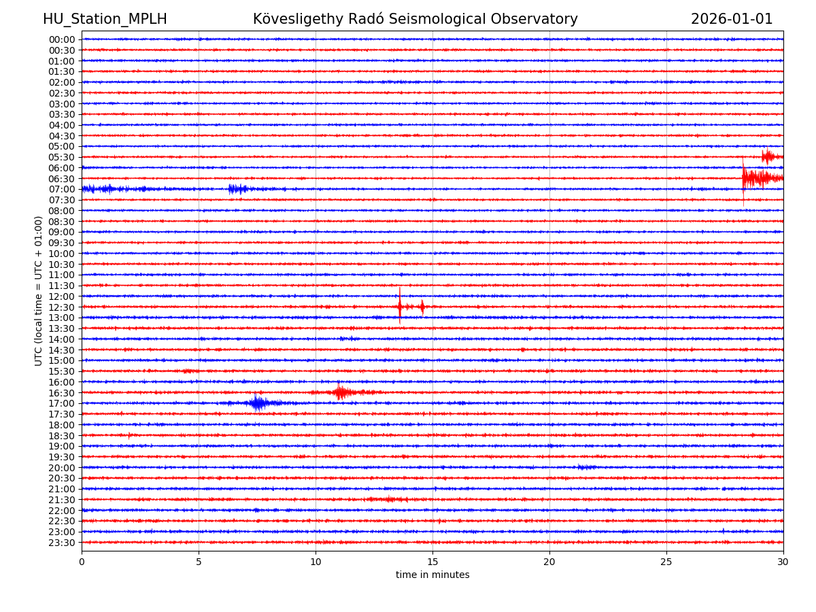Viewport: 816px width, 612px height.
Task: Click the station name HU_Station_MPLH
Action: [x=105, y=19]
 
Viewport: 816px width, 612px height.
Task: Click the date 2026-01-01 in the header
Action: [x=732, y=19]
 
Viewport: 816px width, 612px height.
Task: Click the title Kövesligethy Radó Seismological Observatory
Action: [x=415, y=19]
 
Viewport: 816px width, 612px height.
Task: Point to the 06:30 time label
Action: [x=62, y=179]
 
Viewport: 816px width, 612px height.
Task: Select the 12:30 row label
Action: [x=62, y=307]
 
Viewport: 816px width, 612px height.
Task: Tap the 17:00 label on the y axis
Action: [x=62, y=403]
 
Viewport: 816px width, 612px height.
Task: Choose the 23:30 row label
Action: [x=62, y=543]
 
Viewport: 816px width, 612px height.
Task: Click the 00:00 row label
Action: [x=62, y=39]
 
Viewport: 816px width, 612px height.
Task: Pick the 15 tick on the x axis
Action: [x=432, y=562]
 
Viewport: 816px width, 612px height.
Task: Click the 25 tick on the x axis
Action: [x=666, y=562]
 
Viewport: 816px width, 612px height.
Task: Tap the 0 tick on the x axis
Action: [x=82, y=562]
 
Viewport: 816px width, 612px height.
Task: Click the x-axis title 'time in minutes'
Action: [x=432, y=575]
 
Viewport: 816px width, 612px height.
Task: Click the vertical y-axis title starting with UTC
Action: [x=39, y=290]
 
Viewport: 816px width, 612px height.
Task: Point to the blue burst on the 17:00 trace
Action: [x=257, y=403]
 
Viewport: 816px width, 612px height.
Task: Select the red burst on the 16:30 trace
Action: [x=340, y=392]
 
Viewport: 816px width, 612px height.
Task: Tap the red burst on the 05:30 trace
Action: [x=768, y=157]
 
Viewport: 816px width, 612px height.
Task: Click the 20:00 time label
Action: [x=62, y=468]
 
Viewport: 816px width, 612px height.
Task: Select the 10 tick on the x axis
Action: [x=316, y=562]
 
